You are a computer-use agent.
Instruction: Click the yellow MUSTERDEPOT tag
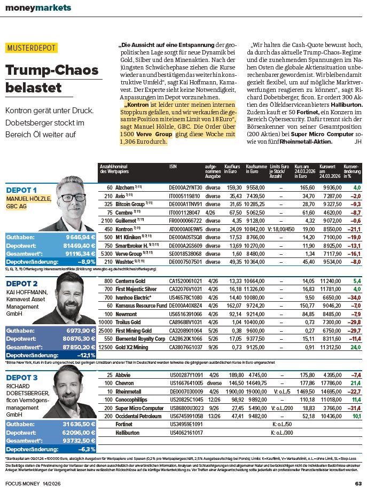tap(32, 48)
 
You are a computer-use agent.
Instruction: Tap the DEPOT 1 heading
tap(21, 190)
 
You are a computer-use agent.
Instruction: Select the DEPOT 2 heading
tap(21, 284)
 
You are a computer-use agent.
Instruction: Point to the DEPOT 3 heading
tap(21, 378)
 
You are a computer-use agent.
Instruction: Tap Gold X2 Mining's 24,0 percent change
tap(355, 347)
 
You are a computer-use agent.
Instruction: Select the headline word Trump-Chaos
tap(43, 69)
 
